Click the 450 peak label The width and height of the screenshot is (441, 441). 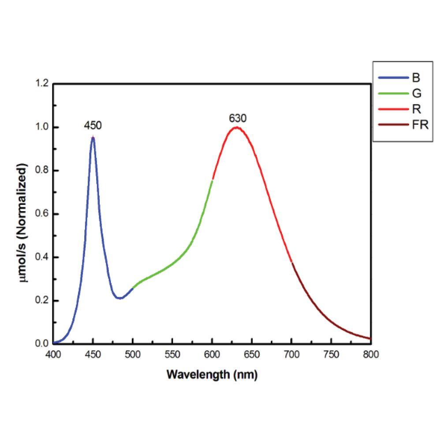pos(93,126)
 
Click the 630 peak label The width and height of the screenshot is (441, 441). pos(237,118)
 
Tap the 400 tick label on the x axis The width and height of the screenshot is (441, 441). pos(53,354)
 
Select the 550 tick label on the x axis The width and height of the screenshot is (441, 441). pos(172,354)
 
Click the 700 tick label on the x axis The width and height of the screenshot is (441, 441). pos(292,354)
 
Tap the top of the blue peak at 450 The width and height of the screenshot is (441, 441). pos(93,138)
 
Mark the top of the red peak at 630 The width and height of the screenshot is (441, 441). pos(237,127)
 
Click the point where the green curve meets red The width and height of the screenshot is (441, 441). pos(212,180)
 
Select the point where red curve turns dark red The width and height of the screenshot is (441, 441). pos(292,262)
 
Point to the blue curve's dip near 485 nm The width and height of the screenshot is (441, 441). pos(120,298)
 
